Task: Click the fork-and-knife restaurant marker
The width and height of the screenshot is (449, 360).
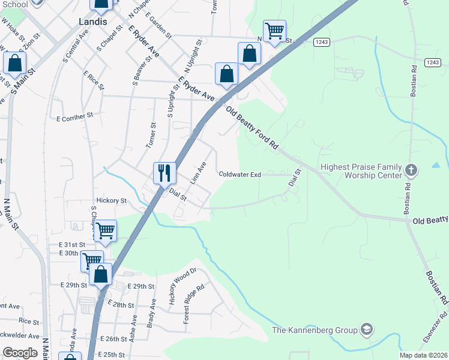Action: [x=164, y=173]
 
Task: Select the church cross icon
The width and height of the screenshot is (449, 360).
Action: [x=411, y=169]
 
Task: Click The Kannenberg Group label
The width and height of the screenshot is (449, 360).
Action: [x=315, y=329]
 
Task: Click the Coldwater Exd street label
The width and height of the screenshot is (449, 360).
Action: [x=240, y=175]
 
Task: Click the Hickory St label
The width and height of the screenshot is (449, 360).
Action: [x=112, y=200]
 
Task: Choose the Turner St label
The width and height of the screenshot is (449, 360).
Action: [x=152, y=135]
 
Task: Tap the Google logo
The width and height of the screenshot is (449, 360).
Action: [x=20, y=353]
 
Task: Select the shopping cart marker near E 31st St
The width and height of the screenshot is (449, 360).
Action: [x=106, y=230]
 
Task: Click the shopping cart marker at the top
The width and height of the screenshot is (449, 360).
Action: [x=274, y=31]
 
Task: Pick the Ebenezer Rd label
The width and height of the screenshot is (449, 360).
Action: [x=444, y=324]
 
